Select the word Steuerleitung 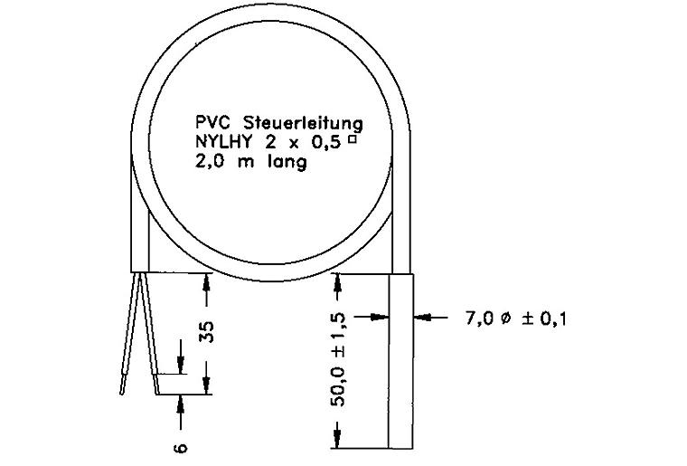(303, 124)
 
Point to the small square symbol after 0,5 (352, 140)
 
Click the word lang (287, 163)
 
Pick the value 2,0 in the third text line (211, 162)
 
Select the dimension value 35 (207, 332)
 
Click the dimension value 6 (181, 448)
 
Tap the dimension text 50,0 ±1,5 (339, 360)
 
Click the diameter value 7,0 (480, 319)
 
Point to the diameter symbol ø (505, 319)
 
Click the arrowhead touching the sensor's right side (420, 317)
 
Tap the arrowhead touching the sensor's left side (381, 317)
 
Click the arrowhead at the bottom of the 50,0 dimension (337, 440)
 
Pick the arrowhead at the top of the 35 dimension (207, 281)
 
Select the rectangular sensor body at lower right (401, 361)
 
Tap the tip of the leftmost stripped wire (121, 395)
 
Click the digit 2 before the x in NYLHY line (271, 142)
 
